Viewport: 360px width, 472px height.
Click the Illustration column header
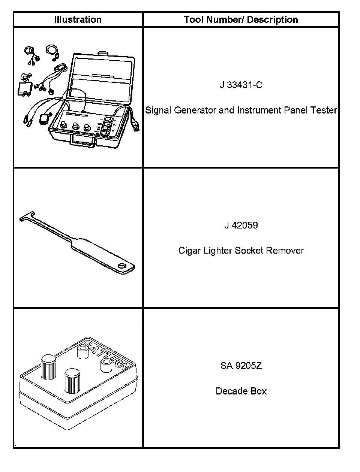(78, 19)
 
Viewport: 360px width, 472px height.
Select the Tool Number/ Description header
(241, 19)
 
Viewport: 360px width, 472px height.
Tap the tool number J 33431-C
(241, 85)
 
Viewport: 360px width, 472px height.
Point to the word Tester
(324, 110)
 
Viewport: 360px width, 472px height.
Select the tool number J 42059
(241, 225)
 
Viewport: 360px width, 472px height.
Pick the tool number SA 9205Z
(241, 366)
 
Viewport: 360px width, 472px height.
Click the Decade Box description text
(241, 391)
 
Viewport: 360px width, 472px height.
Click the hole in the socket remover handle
(122, 266)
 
